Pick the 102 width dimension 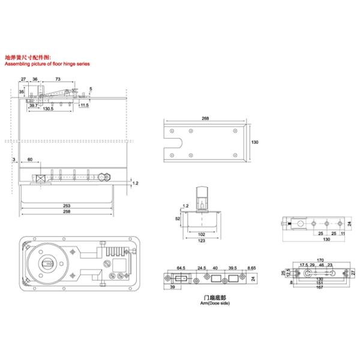click(201, 235)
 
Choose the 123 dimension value click(201, 241)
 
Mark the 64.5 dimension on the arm click(180, 267)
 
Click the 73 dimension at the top click(58, 79)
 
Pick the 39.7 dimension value click(34, 105)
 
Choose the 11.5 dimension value click(83, 106)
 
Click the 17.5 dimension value click(303, 265)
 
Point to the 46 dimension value click(321, 265)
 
